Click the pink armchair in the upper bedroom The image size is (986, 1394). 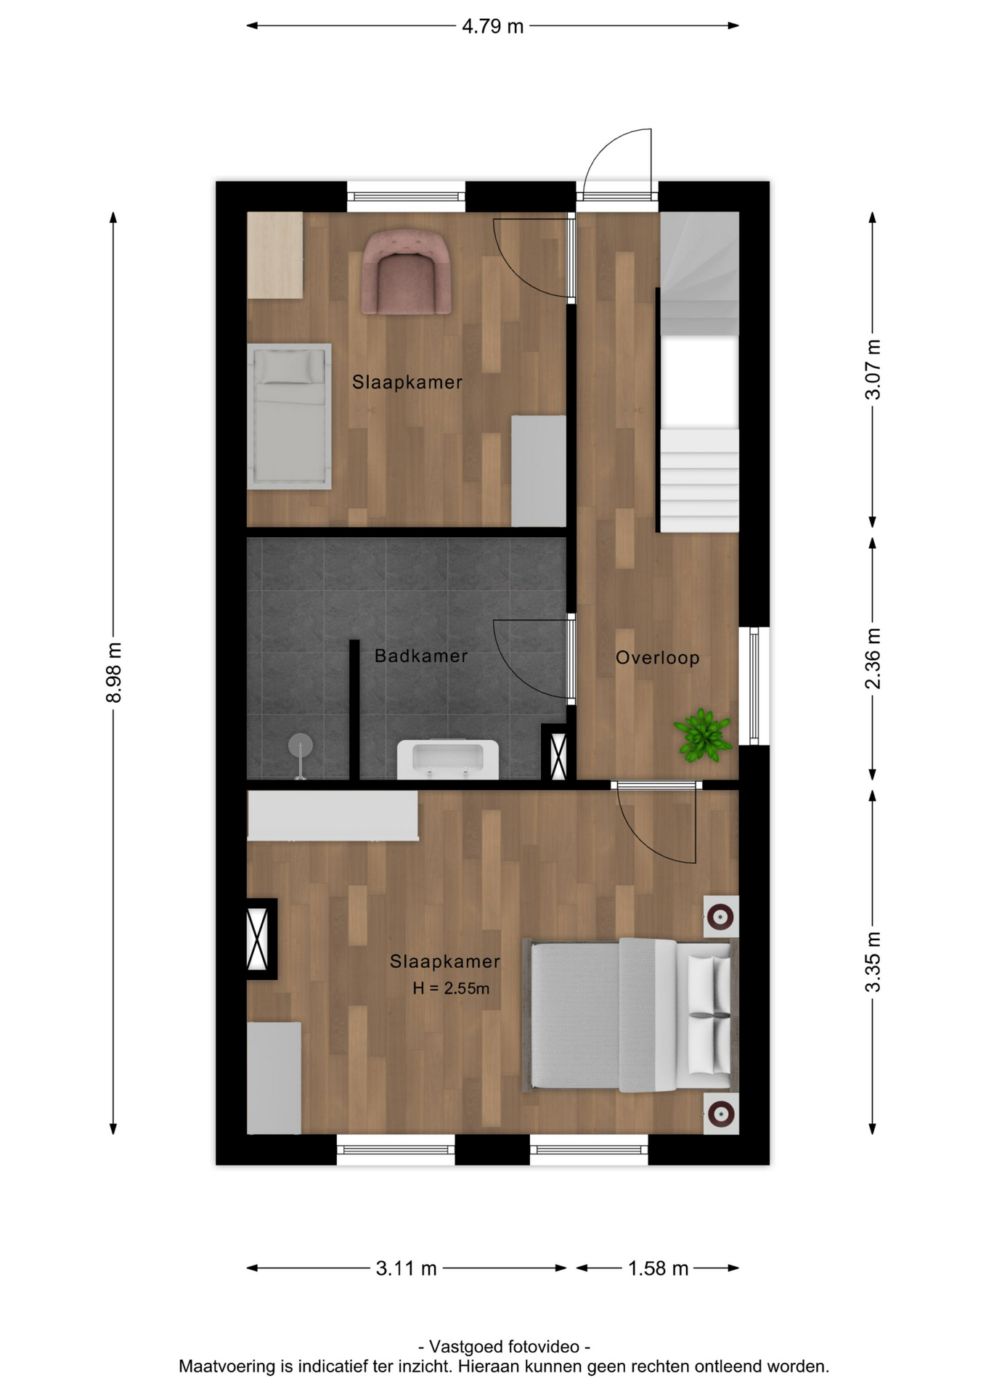pyautogui.click(x=407, y=273)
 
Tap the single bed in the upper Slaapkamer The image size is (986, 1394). pyautogui.click(x=289, y=416)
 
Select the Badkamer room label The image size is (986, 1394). pyautogui.click(x=420, y=656)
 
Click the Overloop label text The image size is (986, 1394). pyautogui.click(x=657, y=658)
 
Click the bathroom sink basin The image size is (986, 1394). pyautogui.click(x=447, y=759)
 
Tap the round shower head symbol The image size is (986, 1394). pyautogui.click(x=300, y=745)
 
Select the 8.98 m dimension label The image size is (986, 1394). pyautogui.click(x=114, y=672)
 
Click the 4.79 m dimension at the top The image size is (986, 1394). pyautogui.click(x=492, y=27)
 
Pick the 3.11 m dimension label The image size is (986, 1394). pyautogui.click(x=406, y=1268)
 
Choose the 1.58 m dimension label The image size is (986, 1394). pyautogui.click(x=657, y=1268)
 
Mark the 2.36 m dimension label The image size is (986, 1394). pyautogui.click(x=873, y=659)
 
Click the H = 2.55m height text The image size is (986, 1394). pyautogui.click(x=451, y=988)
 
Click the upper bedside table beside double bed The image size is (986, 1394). pyautogui.click(x=720, y=917)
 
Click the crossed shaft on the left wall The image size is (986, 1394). pyautogui.click(x=258, y=939)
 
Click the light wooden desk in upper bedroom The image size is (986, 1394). pyautogui.click(x=274, y=255)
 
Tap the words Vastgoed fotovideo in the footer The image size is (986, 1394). pyautogui.click(x=505, y=1347)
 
